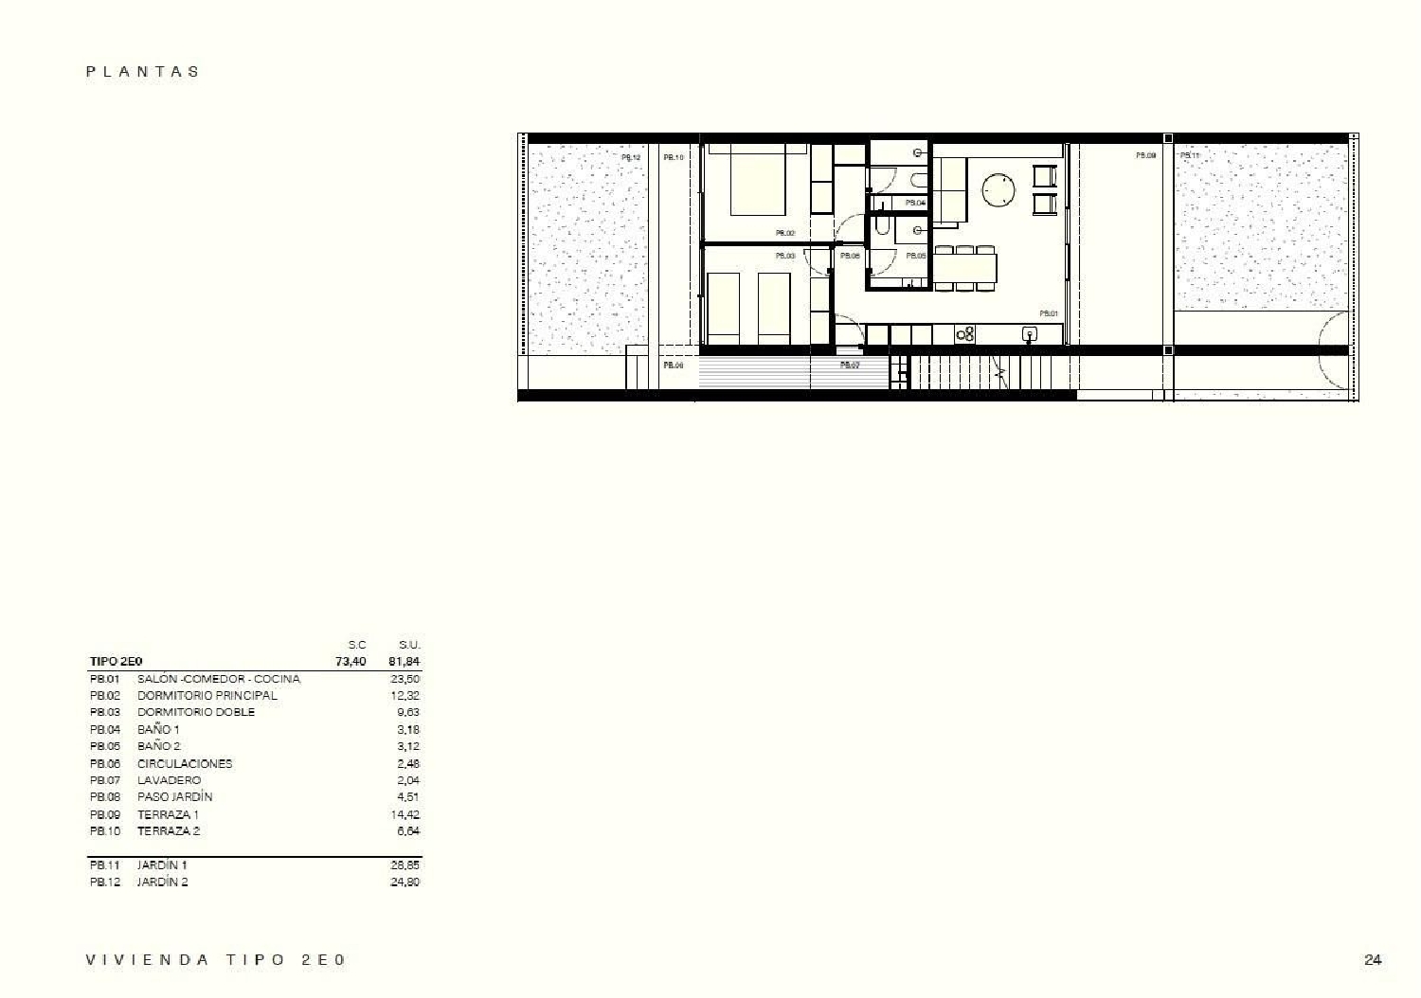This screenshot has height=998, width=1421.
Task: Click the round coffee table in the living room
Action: [x=998, y=189]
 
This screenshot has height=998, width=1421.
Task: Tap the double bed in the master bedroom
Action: [x=758, y=183]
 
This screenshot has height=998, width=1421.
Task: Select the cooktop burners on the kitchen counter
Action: [x=965, y=333]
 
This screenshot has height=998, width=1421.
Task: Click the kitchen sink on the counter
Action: [x=1029, y=333]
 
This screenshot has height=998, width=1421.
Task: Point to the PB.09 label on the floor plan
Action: [x=1145, y=154]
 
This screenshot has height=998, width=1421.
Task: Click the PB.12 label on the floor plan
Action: [x=630, y=158]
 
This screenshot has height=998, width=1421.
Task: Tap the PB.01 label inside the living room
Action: [x=1048, y=312]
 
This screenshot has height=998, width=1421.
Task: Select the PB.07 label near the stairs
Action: [x=850, y=365]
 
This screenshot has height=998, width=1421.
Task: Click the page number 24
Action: [x=1372, y=959]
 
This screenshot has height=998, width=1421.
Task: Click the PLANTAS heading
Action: [x=143, y=71]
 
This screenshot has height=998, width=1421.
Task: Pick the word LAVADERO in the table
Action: [x=169, y=780]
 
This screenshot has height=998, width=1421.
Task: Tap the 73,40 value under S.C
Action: [x=351, y=661]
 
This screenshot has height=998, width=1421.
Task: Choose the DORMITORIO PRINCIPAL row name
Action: [x=207, y=695]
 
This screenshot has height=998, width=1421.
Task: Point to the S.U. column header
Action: [x=408, y=645]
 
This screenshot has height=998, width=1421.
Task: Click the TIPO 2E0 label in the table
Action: [x=116, y=661]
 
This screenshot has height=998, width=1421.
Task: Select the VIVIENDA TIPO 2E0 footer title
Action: [x=216, y=959]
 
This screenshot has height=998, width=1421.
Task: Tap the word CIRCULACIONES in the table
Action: [x=185, y=763]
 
